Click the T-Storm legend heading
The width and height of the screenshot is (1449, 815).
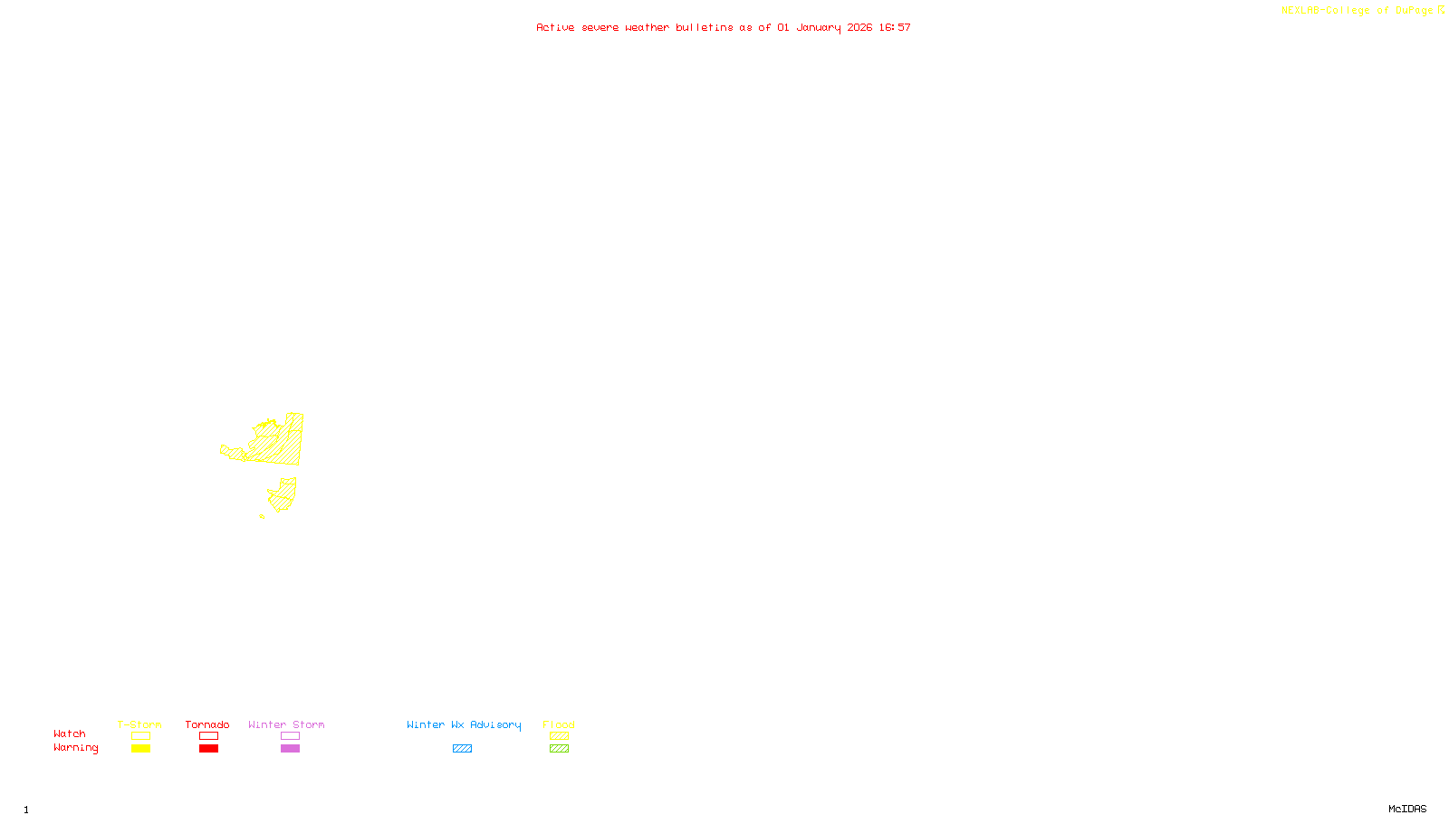pyautogui.click(x=139, y=724)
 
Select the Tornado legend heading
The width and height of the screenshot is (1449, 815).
pyautogui.click(x=207, y=724)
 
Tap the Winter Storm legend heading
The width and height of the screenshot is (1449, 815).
pyautogui.click(x=286, y=724)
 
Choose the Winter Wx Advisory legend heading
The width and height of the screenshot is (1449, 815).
pyautogui.click(x=464, y=724)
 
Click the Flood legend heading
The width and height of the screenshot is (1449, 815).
pyautogui.click(x=559, y=724)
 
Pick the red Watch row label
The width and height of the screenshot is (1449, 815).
pyautogui.click(x=70, y=733)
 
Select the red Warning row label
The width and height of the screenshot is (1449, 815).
pyautogui.click(x=75, y=748)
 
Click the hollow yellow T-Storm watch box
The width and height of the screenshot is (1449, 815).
pyautogui.click(x=140, y=736)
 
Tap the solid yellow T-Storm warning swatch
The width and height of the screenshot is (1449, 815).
pyautogui.click(x=140, y=749)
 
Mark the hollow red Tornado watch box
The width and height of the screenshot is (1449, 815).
pyautogui.click(x=208, y=736)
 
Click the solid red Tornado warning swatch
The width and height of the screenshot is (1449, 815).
pyautogui.click(x=208, y=749)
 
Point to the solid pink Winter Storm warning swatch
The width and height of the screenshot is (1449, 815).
pyautogui.click(x=290, y=749)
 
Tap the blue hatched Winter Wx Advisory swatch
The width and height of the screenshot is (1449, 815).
pyautogui.click(x=462, y=749)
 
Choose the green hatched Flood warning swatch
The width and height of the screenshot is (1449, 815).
pyautogui.click(x=559, y=749)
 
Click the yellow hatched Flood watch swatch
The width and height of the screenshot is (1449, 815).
pyautogui.click(x=559, y=736)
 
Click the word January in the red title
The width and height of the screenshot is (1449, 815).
pyautogui.click(x=819, y=27)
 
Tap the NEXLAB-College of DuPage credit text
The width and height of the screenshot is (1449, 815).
pyautogui.click(x=1358, y=11)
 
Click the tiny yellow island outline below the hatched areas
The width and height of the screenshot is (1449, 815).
pyautogui.click(x=262, y=516)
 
